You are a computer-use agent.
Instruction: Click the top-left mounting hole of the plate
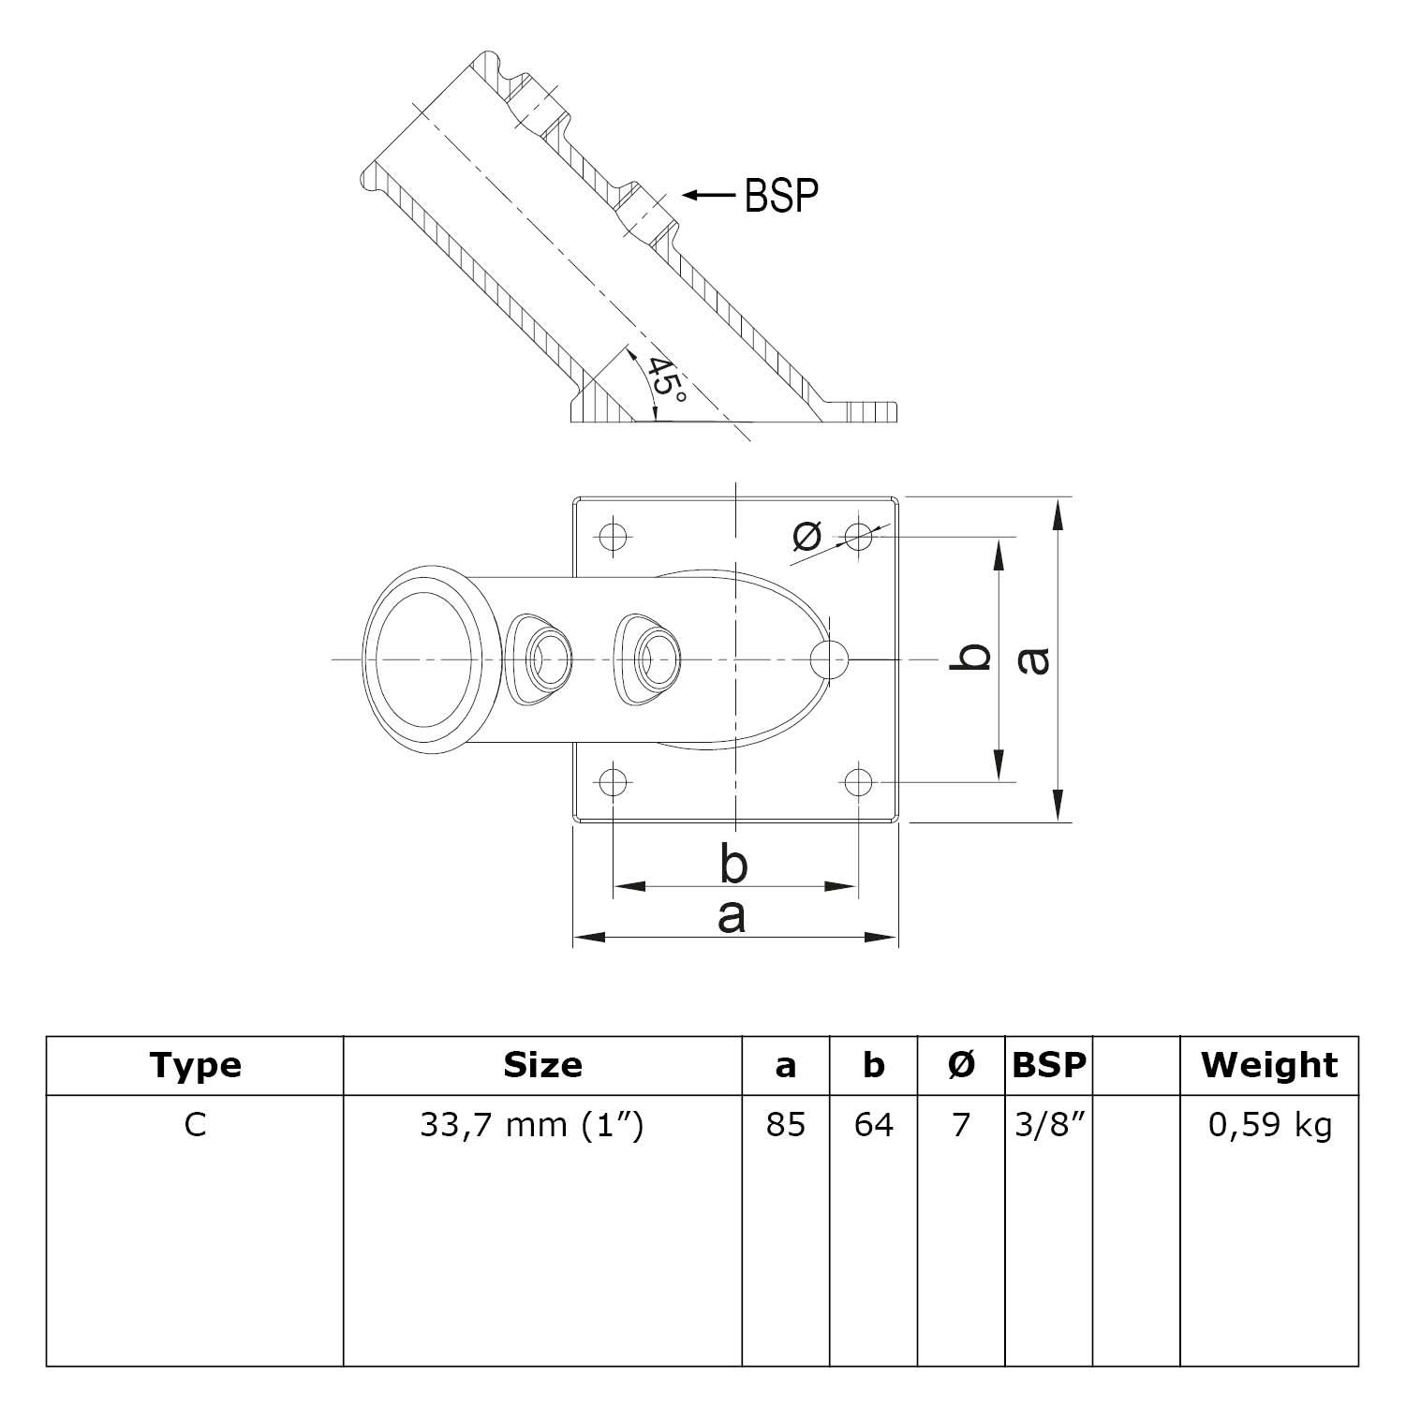coord(613,537)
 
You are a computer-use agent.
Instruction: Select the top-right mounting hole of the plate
coord(858,537)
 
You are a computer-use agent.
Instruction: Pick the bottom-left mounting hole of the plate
coord(613,780)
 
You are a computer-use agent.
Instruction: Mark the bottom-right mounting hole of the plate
coord(858,780)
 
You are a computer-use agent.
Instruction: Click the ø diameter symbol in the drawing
coord(807,535)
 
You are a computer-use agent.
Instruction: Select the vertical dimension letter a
coord(1034,659)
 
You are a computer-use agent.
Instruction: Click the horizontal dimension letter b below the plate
coord(733,864)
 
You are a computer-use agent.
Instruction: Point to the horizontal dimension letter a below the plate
coord(732,916)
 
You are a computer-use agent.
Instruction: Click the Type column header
coord(195,1065)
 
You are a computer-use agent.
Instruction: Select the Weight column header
coord(1269,1065)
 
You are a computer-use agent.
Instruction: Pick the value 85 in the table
coord(785,1124)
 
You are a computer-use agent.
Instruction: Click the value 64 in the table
coord(873,1124)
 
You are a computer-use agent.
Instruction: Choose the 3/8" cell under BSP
coord(1048,1124)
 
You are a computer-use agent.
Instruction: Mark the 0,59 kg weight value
coord(1269,1124)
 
